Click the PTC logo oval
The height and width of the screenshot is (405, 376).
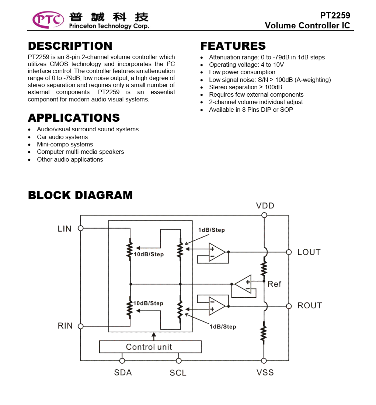pos(48,20)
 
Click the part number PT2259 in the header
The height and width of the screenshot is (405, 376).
pos(335,15)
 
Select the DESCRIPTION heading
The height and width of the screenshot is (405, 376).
pos(70,46)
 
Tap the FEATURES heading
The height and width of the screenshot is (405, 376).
pos(233,46)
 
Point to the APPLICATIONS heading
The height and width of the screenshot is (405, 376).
pos(74,118)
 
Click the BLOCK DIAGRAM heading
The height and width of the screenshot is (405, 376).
pos(80,195)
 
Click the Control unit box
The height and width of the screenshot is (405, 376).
pos(150,347)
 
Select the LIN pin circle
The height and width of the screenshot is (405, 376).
pos(80,228)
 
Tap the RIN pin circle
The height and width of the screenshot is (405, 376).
pos(80,326)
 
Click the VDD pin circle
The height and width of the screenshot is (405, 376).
pos(264,215)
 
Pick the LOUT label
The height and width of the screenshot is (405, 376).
pos(309,252)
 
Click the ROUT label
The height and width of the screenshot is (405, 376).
pos(310,305)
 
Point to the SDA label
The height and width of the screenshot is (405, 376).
pos(123,373)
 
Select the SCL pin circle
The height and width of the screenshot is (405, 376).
pos(178,361)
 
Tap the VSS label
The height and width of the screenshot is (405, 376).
pos(265,373)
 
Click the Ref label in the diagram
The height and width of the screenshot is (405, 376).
pos(274,284)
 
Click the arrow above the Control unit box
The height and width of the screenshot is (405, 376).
pos(154,336)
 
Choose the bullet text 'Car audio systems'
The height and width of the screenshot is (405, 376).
pos(62,137)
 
